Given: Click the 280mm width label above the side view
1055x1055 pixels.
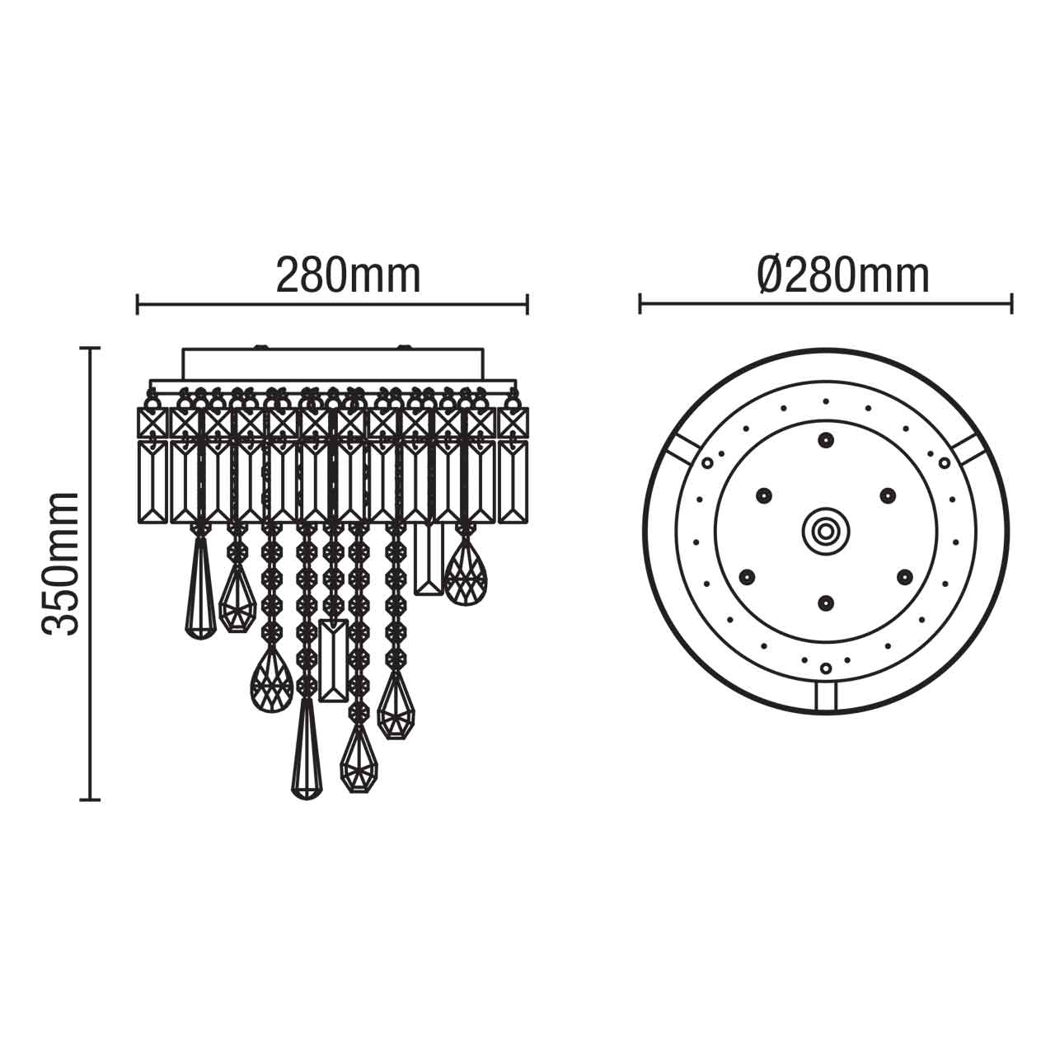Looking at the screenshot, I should point(348,276).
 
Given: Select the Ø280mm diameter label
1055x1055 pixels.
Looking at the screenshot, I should point(842,276).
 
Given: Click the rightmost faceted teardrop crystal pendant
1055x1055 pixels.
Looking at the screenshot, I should point(466,570).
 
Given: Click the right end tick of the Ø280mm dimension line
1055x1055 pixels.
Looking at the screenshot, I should point(1011,303).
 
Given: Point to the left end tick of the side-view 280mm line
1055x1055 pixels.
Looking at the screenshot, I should point(138,303).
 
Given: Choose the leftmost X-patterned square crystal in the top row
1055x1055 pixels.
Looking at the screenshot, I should point(152,424).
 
